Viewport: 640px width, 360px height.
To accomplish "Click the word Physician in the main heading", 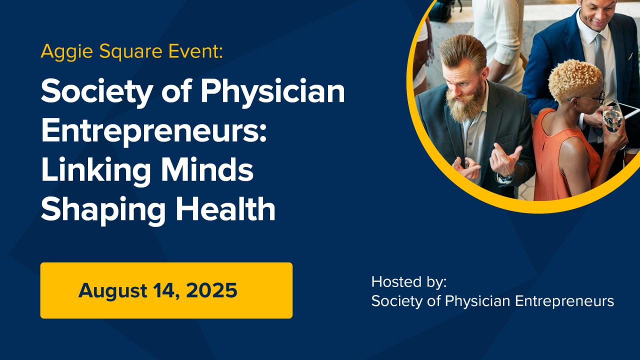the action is [272, 92].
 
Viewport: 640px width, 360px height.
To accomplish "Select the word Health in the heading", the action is [225, 209].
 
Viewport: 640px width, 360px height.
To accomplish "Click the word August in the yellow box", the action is [113, 291].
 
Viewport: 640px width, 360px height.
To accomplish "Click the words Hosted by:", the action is [409, 282].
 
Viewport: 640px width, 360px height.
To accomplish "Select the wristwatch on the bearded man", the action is [506, 177].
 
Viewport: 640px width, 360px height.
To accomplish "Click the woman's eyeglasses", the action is [588, 97].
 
